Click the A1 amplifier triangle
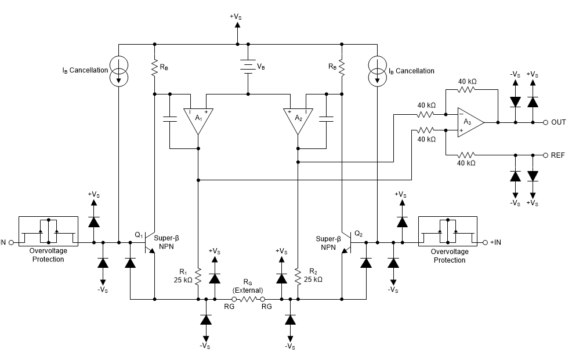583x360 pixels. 198,119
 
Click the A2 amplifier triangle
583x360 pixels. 298,119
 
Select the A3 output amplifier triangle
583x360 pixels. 469,122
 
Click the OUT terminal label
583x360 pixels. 558,123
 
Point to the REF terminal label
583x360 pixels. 557,156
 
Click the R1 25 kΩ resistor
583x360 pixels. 198,277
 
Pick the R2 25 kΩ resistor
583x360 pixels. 298,277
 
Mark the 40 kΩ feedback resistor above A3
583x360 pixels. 467,90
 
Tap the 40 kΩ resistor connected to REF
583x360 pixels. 467,155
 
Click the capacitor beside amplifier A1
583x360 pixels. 169,119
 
